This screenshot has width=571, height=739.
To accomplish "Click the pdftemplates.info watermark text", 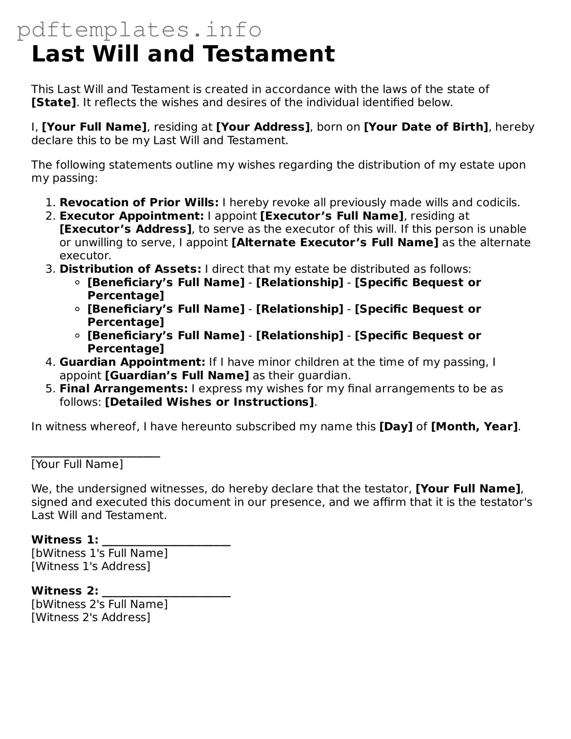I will click(139, 29).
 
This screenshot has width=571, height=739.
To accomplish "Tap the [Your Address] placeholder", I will click(263, 127).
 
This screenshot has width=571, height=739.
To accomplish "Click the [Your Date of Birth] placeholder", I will click(425, 127).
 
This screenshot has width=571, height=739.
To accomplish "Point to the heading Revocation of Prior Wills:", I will click(139, 203).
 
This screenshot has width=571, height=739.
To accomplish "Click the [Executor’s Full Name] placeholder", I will click(332, 216).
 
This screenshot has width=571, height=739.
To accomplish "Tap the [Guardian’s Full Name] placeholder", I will click(177, 375).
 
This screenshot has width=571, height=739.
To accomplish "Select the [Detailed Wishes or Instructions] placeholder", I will click(209, 402).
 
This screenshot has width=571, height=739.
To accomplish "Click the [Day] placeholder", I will click(396, 427).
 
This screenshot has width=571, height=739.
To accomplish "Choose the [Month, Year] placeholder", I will click(474, 427).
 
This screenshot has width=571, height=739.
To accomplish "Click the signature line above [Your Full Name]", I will click(96, 455).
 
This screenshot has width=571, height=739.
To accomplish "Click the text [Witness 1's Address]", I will click(90, 566).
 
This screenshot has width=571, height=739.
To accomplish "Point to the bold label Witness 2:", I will click(65, 591).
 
